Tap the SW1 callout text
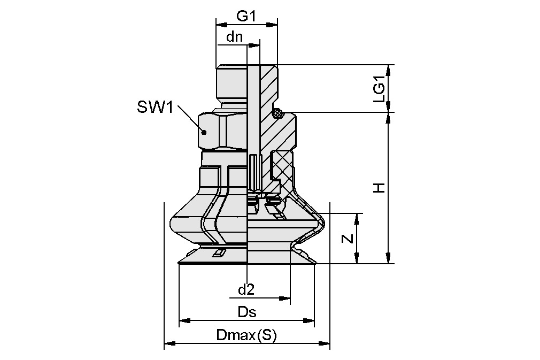(155, 107)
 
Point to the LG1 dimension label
(379, 89)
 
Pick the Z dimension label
(348, 239)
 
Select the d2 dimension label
(245, 290)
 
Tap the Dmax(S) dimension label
(245, 336)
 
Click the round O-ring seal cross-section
(277, 113)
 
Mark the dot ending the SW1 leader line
(203, 131)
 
